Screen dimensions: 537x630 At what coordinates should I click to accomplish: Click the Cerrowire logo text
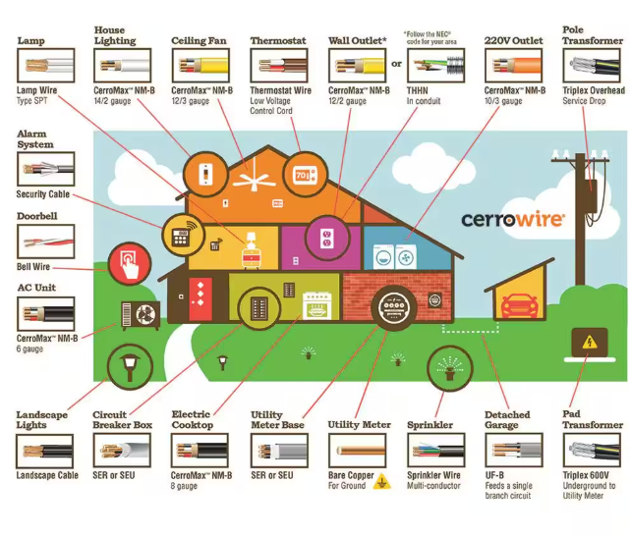click(512, 218)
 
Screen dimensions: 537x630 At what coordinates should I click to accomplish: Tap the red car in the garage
click(518, 304)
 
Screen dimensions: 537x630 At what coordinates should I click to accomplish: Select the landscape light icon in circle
click(128, 367)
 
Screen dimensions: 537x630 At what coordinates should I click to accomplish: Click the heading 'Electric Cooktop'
click(192, 420)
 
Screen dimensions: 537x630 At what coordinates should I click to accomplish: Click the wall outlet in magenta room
click(327, 238)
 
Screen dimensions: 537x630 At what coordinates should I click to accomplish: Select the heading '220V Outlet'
click(513, 41)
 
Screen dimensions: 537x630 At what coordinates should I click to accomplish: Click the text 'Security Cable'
click(42, 194)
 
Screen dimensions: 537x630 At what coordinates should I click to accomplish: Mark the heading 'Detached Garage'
click(508, 420)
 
